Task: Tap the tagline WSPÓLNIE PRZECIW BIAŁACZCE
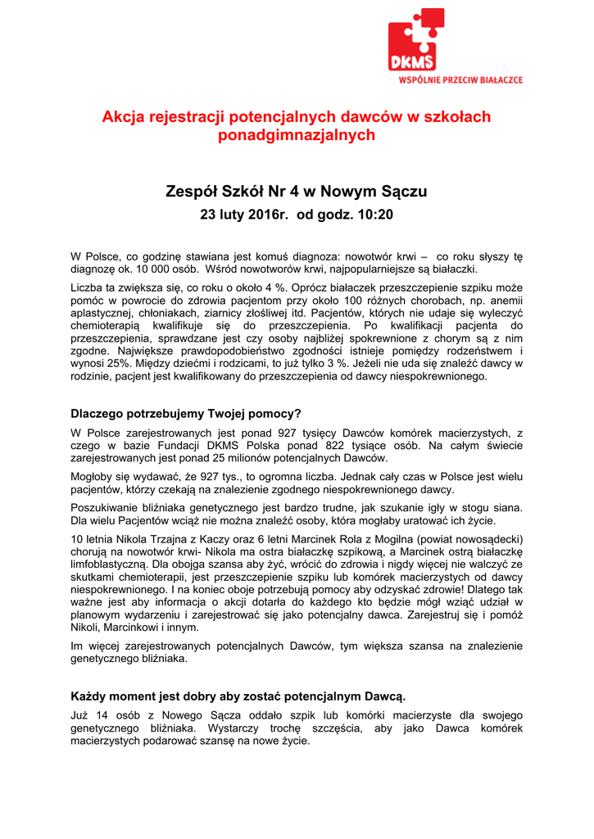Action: click(x=460, y=80)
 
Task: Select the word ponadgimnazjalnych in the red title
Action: click(x=297, y=136)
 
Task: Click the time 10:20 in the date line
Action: click(x=374, y=215)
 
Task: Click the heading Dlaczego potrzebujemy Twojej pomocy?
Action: click(x=186, y=414)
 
